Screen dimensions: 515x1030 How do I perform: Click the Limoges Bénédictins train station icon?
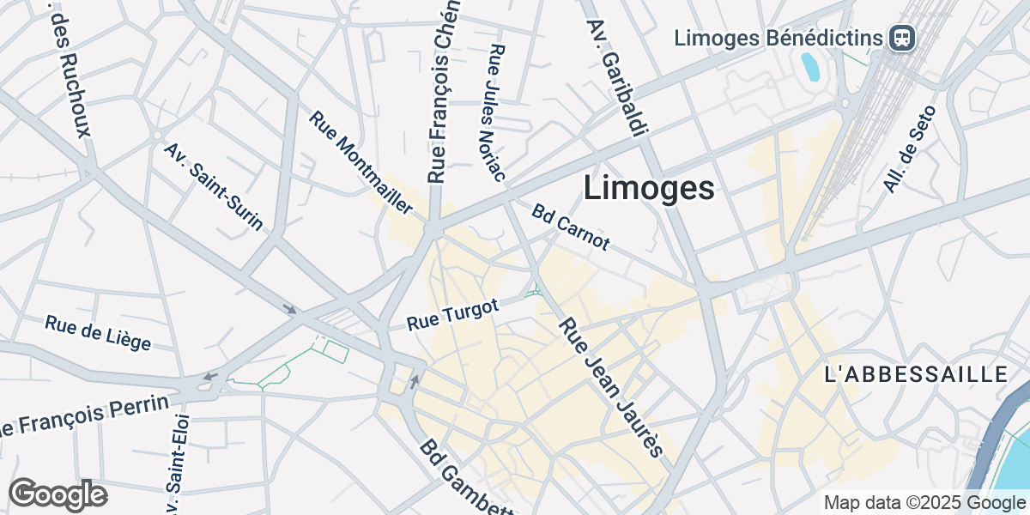(902, 38)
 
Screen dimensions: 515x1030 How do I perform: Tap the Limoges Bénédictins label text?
(779, 38)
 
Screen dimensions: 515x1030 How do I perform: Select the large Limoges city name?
(649, 189)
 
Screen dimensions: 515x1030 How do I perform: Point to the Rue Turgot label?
(452, 315)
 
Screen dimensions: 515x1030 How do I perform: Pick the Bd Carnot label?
(570, 227)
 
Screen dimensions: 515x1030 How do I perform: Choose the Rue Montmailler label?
(361, 163)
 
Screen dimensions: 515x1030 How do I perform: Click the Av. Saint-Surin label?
(214, 187)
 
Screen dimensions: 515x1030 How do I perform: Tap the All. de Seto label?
(908, 148)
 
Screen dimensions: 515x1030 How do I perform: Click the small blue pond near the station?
(809, 67)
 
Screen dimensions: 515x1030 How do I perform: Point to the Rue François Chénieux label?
(443, 90)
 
